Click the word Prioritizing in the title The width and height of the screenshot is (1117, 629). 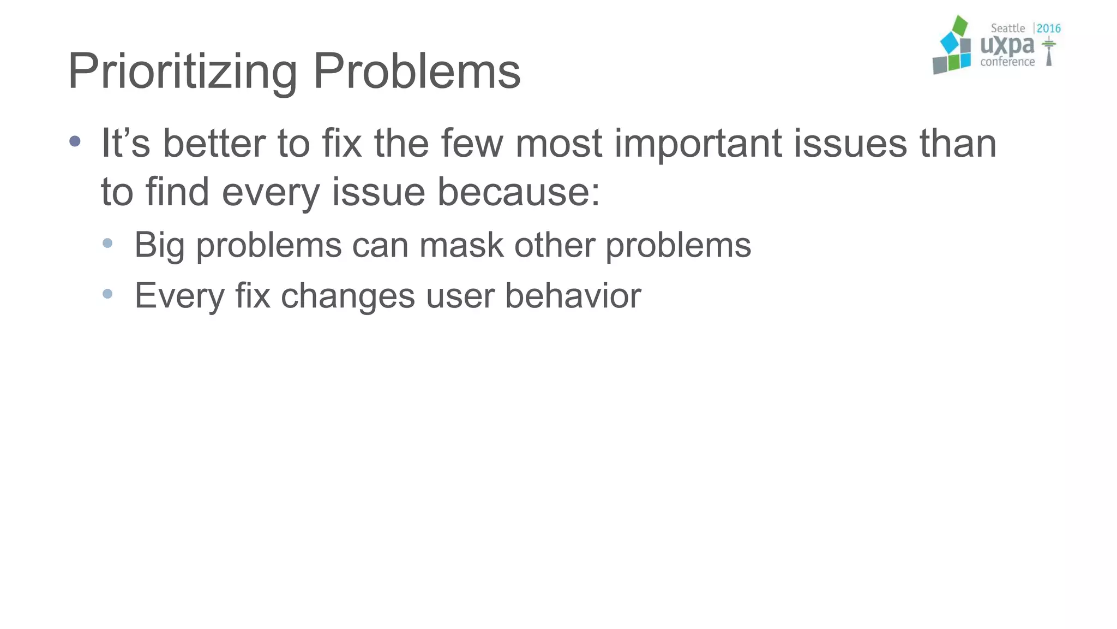[182, 71]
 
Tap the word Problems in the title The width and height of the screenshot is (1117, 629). [417, 71]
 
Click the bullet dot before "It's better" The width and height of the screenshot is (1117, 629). [75, 142]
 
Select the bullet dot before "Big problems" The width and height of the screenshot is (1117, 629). [107, 243]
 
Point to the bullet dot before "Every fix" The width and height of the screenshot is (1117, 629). [107, 294]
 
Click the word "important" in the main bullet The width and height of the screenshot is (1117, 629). [698, 143]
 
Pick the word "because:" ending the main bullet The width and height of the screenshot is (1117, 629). [519, 192]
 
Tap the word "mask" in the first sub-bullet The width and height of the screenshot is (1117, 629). [461, 245]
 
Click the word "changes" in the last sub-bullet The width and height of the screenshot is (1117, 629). [348, 295]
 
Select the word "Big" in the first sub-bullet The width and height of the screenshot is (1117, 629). [159, 246]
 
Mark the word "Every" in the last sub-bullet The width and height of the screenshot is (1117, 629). [179, 296]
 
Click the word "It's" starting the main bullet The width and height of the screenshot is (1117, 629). [125, 143]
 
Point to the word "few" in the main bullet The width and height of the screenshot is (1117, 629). [472, 143]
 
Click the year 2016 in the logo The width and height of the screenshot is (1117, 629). [1048, 28]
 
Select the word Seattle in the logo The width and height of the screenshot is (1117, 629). [1007, 28]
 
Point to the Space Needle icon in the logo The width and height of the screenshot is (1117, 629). [1048, 52]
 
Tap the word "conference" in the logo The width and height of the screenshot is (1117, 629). [1007, 62]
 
